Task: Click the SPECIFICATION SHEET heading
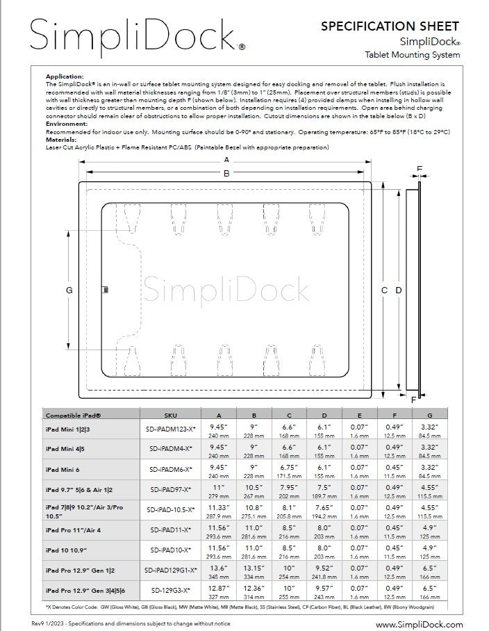click(x=389, y=26)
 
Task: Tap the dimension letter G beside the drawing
click(x=69, y=290)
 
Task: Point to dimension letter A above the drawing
click(x=226, y=160)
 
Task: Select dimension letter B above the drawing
click(x=226, y=174)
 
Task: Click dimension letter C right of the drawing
click(x=385, y=290)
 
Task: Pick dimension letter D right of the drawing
click(x=399, y=290)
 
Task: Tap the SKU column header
click(x=171, y=414)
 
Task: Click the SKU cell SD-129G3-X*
click(x=171, y=590)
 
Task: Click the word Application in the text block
click(x=64, y=76)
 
